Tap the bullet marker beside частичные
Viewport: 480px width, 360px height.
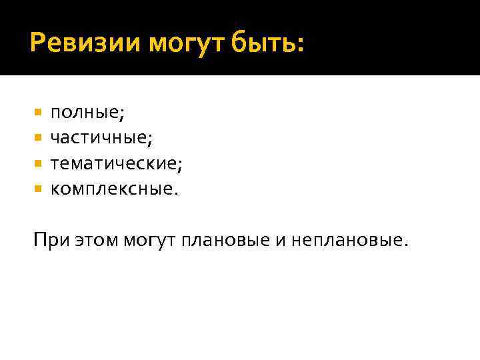pos(38,138)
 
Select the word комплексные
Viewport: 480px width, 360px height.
pos(112,189)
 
